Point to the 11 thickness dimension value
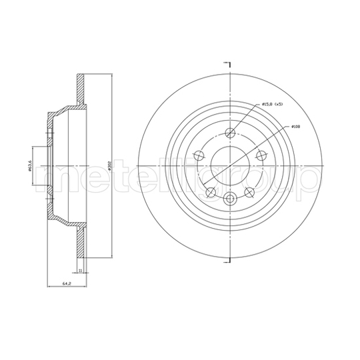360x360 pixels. (x=79, y=270)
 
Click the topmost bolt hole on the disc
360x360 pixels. (x=231, y=131)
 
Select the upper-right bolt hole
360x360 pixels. (x=262, y=155)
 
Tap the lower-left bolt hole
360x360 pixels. (x=211, y=192)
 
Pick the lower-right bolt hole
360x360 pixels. (x=250, y=192)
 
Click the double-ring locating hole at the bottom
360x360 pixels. (x=231, y=198)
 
